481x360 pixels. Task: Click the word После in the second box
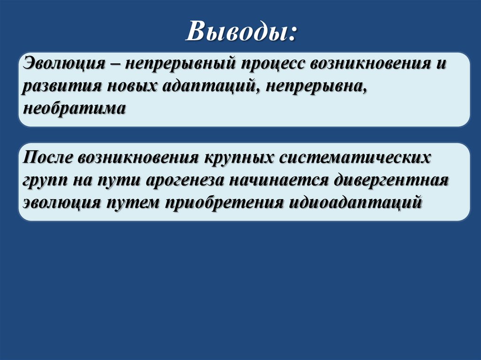coord(48,157)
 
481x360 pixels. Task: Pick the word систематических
coord(354,157)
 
